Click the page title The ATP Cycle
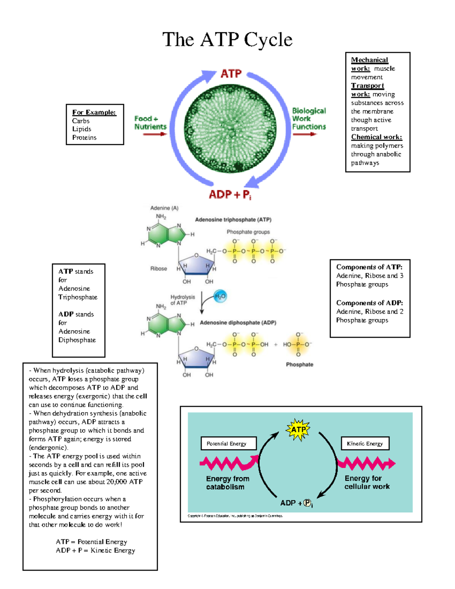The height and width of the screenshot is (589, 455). [x=227, y=39]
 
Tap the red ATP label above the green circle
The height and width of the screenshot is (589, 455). [x=231, y=74]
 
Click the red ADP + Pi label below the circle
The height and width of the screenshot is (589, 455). [x=230, y=194]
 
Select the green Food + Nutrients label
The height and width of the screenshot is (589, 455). [x=151, y=123]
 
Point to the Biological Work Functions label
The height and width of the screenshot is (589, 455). [x=309, y=118]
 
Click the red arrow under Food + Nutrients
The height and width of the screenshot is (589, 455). [x=155, y=134]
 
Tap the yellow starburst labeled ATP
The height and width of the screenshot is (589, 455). [x=298, y=429]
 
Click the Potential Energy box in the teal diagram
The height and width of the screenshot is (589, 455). [x=229, y=443]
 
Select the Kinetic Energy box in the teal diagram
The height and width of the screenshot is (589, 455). [x=365, y=443]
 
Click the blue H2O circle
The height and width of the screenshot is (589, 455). [x=220, y=296]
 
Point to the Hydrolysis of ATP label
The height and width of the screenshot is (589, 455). [x=182, y=300]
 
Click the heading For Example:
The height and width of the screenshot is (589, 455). [x=94, y=112]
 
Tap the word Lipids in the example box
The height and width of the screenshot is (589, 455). [x=82, y=129]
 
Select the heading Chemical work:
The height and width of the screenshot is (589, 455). [x=377, y=137]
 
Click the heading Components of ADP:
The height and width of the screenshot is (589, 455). [x=370, y=303]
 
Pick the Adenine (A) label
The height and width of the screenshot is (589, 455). [x=164, y=208]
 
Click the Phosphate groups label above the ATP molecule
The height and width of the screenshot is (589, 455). [x=248, y=232]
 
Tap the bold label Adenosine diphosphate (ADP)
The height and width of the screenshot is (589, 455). [x=238, y=322]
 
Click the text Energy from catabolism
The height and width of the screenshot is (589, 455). [x=227, y=483]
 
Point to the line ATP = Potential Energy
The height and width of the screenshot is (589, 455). [x=91, y=542]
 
